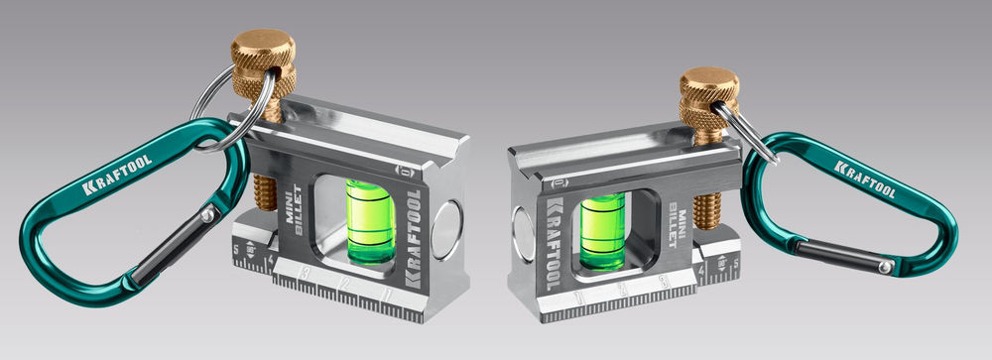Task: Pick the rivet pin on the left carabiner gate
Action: (206, 216)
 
